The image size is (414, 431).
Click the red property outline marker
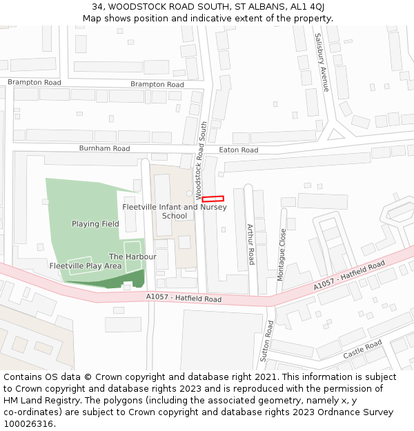tap(213, 199)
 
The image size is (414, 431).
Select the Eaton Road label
tap(238, 150)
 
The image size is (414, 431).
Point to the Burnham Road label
tap(104, 148)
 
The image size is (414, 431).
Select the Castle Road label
tap(363, 349)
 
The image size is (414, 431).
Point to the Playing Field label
tap(95, 223)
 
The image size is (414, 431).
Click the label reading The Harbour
tap(132, 257)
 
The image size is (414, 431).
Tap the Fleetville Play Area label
tap(86, 265)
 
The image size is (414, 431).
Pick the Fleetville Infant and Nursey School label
tap(175, 211)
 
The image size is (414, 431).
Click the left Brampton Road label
tap(34, 82)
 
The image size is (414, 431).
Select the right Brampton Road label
tap(157, 84)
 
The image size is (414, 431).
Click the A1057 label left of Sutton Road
tap(184, 299)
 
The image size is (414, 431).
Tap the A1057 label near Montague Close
tap(349, 276)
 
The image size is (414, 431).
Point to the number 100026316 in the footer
tap(28, 424)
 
